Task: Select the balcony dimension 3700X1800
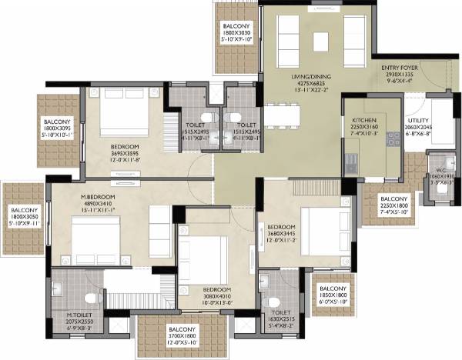tap(182, 335)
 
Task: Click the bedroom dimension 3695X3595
tap(125, 154)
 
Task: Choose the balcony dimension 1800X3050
tap(24, 217)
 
